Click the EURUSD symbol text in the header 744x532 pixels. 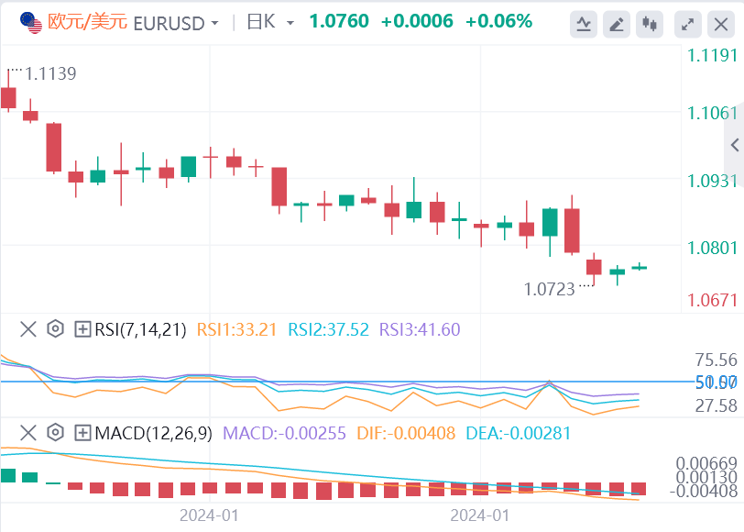tap(170, 21)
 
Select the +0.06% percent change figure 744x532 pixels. tap(498, 21)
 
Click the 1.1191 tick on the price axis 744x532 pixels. tap(712, 56)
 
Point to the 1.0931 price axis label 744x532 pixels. tap(712, 181)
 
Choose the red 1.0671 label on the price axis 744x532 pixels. tap(712, 300)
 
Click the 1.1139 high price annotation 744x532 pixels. tap(50, 73)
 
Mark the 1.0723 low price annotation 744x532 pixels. tap(550, 289)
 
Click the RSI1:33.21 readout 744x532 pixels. tap(235, 329)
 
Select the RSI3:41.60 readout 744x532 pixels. tap(420, 329)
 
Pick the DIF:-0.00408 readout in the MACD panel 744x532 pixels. tap(404, 432)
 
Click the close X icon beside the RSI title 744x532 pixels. tap(28, 328)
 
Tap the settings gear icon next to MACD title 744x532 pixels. tap(55, 432)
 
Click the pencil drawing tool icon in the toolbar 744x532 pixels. tap(617, 24)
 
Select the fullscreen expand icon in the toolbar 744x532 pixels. tap(686, 24)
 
